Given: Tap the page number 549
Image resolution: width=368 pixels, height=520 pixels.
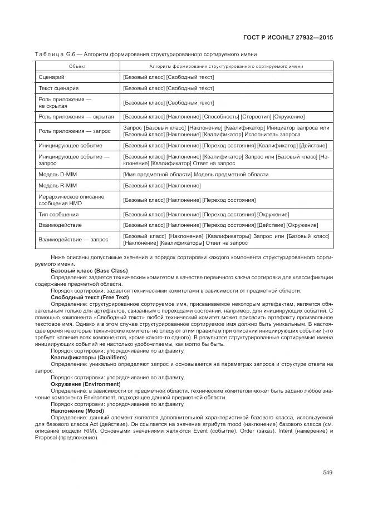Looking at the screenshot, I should tap(327, 473).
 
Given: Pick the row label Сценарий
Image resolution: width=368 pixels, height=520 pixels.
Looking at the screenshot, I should tap(52, 77).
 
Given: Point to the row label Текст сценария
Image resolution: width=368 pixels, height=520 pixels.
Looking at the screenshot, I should tap(58, 88).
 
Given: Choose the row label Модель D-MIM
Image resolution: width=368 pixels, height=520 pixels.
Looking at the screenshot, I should tap(58, 175).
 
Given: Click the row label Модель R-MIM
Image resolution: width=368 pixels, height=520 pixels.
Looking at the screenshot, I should tap(58, 185).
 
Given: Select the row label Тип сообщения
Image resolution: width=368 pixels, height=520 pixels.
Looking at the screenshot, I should tap(58, 214).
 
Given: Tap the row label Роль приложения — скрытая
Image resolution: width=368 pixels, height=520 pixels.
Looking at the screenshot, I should tap(76, 117).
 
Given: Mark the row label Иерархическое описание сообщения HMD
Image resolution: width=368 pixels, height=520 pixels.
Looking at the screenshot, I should tap(63, 200).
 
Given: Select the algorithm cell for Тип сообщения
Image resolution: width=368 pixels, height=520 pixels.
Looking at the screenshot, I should tap(205, 214).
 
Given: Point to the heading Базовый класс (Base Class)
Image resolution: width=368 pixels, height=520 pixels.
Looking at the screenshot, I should tap(89, 270).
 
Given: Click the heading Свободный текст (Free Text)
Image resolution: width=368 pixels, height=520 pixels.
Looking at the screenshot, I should tap(90, 298).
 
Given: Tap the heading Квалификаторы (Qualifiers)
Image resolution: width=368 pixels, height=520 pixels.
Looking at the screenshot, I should tap(89, 357).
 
